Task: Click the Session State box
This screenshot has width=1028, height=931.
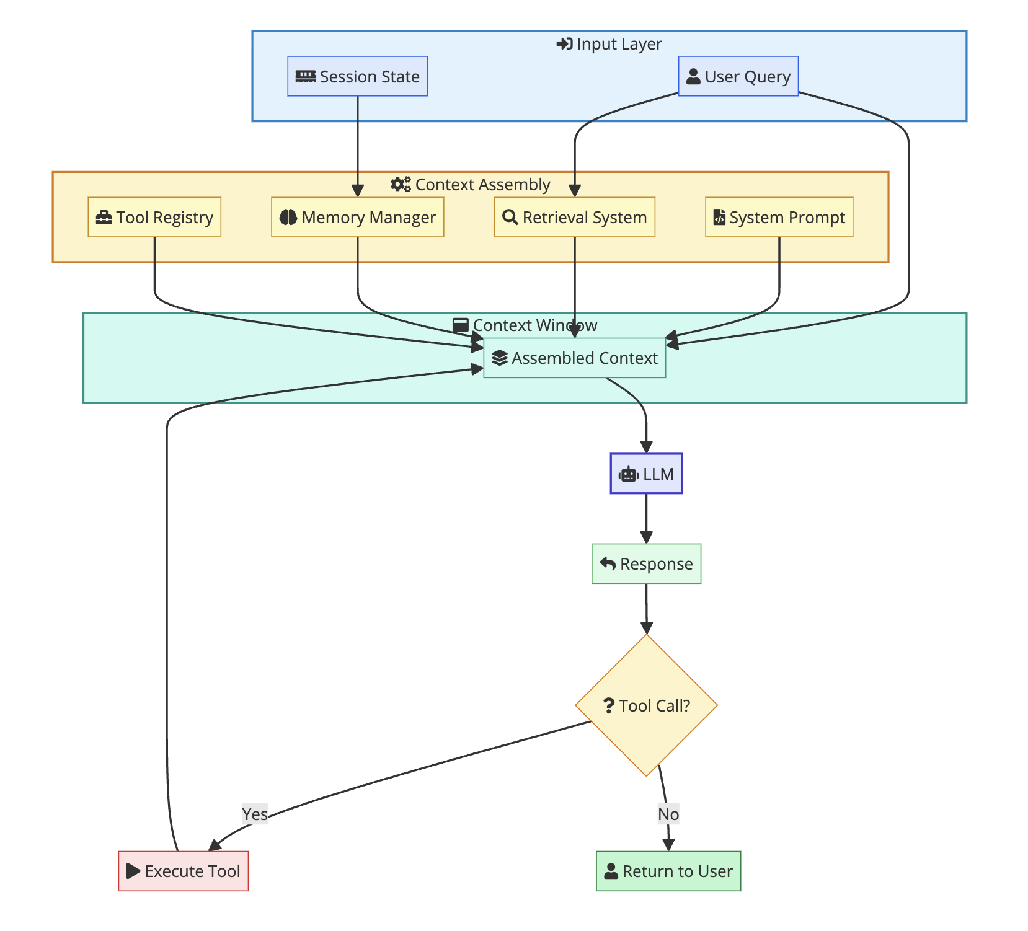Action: click(x=357, y=76)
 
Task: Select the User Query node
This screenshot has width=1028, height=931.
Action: click(x=738, y=76)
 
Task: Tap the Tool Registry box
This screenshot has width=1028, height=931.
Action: click(x=154, y=217)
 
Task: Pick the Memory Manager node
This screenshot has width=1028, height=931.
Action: click(x=357, y=217)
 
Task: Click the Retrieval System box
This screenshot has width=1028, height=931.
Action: click(x=574, y=217)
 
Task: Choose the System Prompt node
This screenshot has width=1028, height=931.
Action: click(x=779, y=217)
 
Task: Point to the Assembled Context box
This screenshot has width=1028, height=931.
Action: click(x=574, y=358)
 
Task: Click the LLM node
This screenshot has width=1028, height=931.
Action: click(x=646, y=474)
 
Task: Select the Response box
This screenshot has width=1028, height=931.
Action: click(x=646, y=563)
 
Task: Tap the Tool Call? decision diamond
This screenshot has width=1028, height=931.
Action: click(x=646, y=705)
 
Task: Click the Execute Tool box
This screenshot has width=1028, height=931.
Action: click(x=183, y=871)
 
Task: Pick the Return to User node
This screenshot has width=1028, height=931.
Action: click(x=668, y=871)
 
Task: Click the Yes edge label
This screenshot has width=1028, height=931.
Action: click(x=255, y=814)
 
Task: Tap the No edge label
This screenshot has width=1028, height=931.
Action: click(x=668, y=814)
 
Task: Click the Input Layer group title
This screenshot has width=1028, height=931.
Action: click(x=609, y=44)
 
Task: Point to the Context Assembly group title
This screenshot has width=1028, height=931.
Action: click(x=471, y=185)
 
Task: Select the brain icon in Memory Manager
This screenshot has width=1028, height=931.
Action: click(x=288, y=217)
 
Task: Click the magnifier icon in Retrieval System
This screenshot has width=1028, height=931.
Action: click(x=510, y=217)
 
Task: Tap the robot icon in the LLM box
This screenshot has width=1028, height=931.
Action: click(x=629, y=474)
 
